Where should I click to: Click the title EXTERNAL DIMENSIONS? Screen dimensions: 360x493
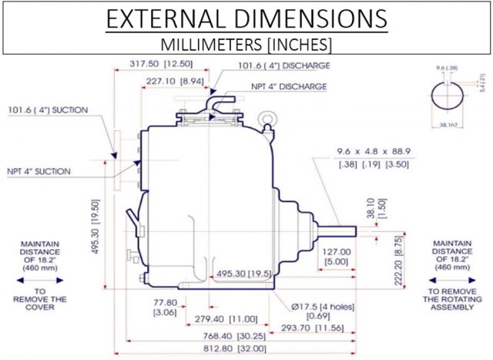click(x=246, y=19)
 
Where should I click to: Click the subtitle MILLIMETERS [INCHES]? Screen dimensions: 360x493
click(x=246, y=43)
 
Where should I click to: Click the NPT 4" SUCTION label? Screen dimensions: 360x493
click(x=38, y=170)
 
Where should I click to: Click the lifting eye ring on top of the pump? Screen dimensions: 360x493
click(x=268, y=118)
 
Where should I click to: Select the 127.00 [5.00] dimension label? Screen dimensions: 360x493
click(x=337, y=256)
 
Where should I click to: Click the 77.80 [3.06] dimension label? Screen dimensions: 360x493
click(x=165, y=309)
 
